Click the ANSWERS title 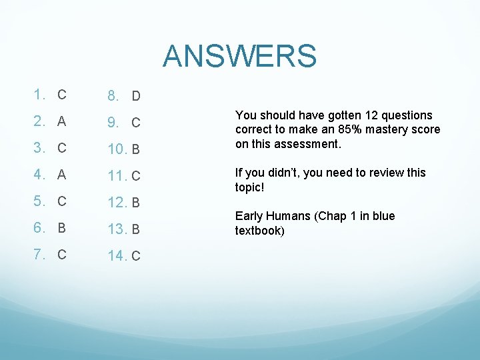(239, 56)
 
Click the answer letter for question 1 (61, 95)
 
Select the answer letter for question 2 (61, 122)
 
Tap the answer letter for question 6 (61, 228)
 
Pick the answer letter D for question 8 (135, 97)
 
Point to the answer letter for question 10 (135, 150)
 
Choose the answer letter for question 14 (135, 257)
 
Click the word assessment (309, 144)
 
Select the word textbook (259, 231)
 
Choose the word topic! (250, 187)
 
